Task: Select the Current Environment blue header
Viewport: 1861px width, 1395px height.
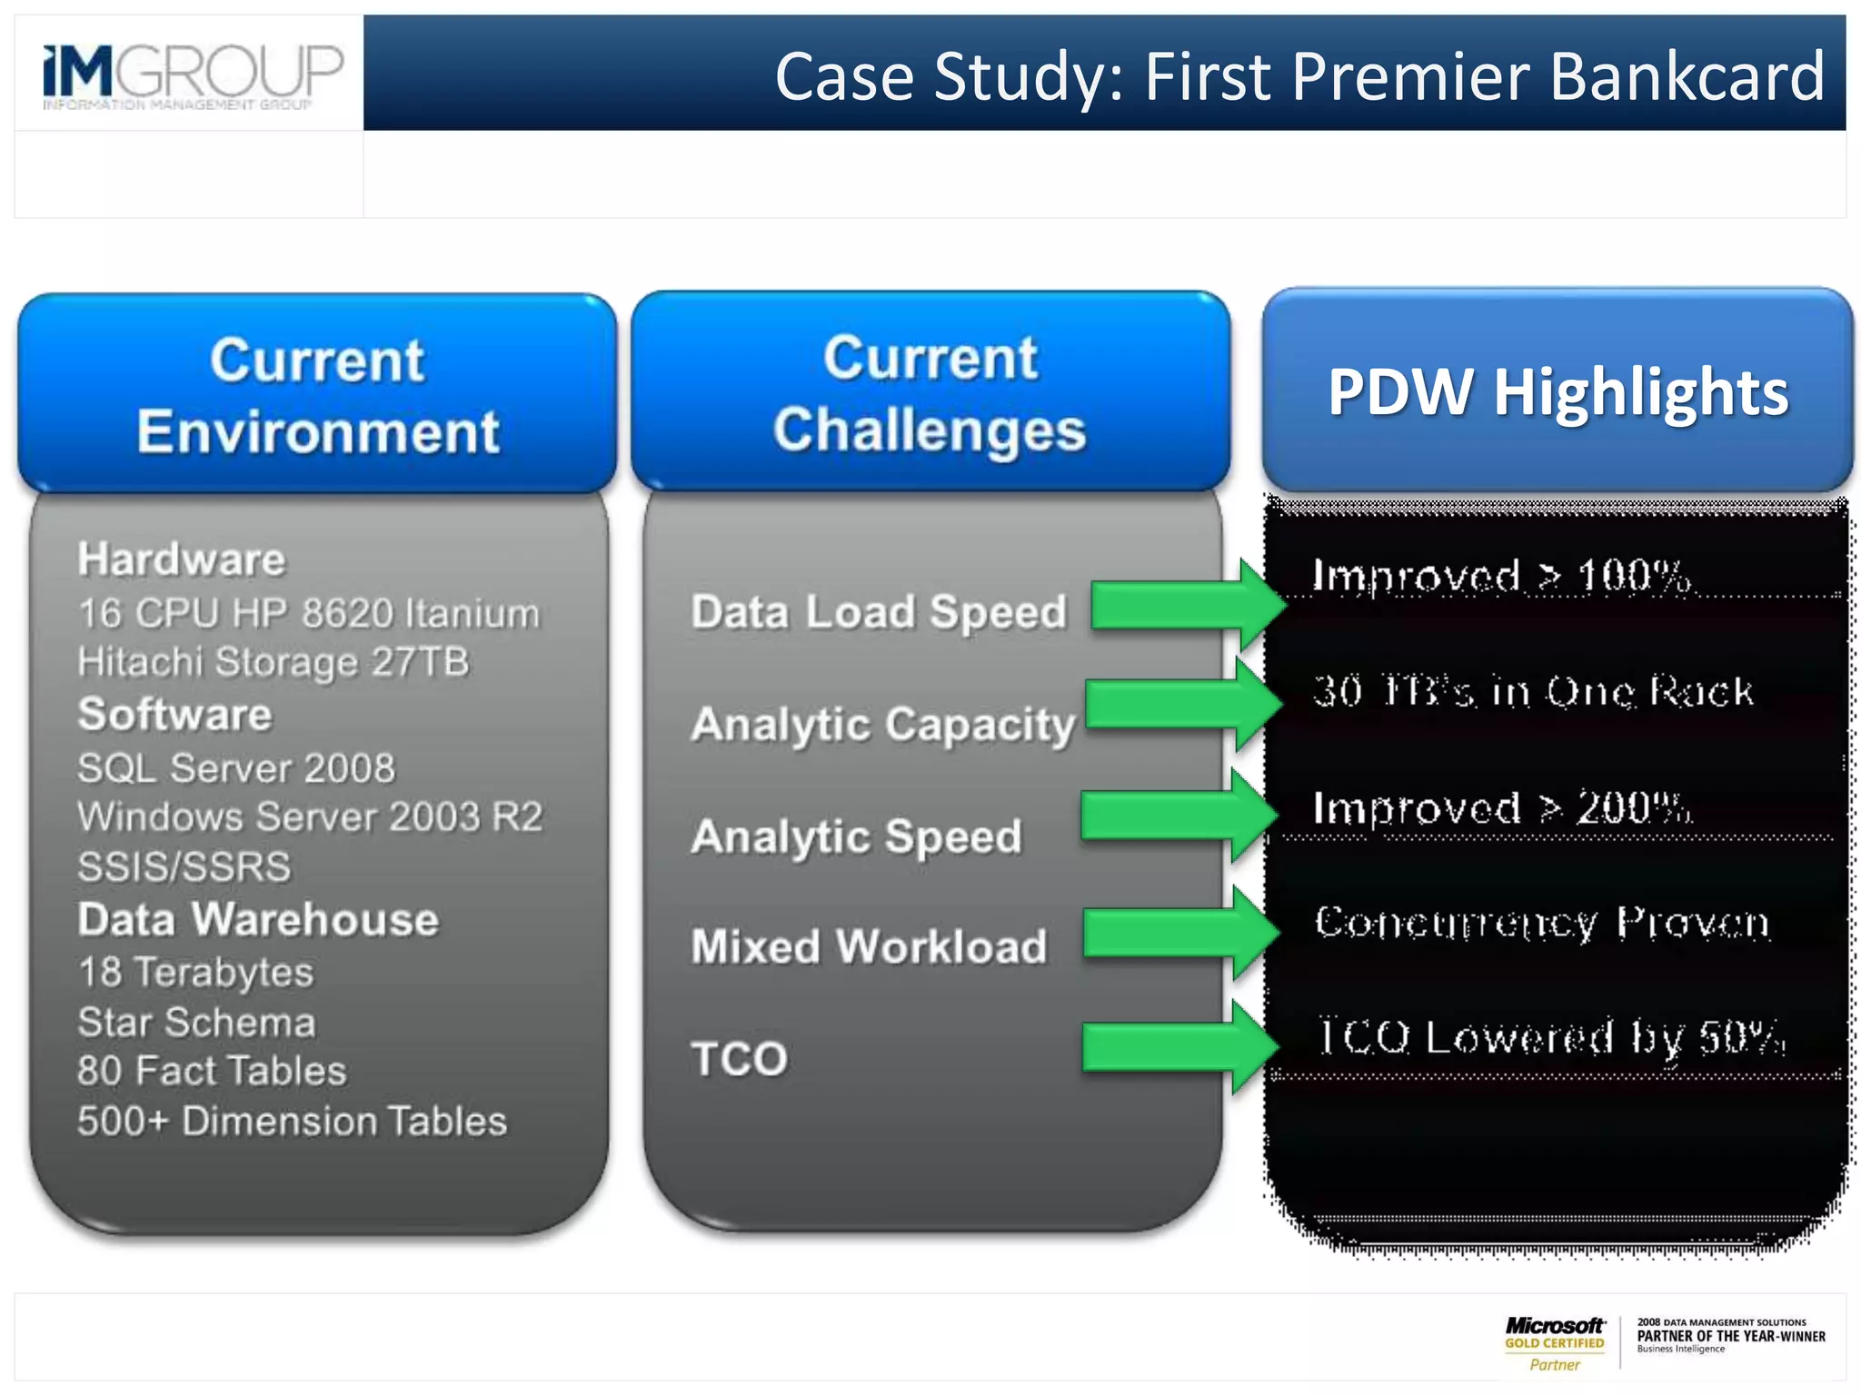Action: pyautogui.click(x=317, y=394)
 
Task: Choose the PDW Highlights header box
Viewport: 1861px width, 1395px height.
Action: pyautogui.click(x=1557, y=391)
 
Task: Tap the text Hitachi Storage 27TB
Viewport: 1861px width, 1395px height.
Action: pyautogui.click(x=274, y=661)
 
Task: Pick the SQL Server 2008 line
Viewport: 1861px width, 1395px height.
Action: pyautogui.click(x=236, y=768)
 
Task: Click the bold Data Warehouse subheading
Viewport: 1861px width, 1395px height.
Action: pyautogui.click(x=258, y=919)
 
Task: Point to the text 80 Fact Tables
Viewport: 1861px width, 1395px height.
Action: pyautogui.click(x=212, y=1071)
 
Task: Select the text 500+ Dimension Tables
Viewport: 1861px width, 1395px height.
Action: pyautogui.click(x=292, y=1121)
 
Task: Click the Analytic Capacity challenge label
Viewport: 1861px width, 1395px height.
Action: pyautogui.click(x=882, y=725)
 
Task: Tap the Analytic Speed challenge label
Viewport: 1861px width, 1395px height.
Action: pyautogui.click(x=856, y=836)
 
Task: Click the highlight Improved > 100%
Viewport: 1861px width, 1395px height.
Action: pyautogui.click(x=1501, y=576)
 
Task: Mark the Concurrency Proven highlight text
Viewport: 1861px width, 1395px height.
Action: pyautogui.click(x=1542, y=923)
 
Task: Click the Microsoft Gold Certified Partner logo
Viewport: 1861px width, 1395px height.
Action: pyautogui.click(x=1555, y=1343)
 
